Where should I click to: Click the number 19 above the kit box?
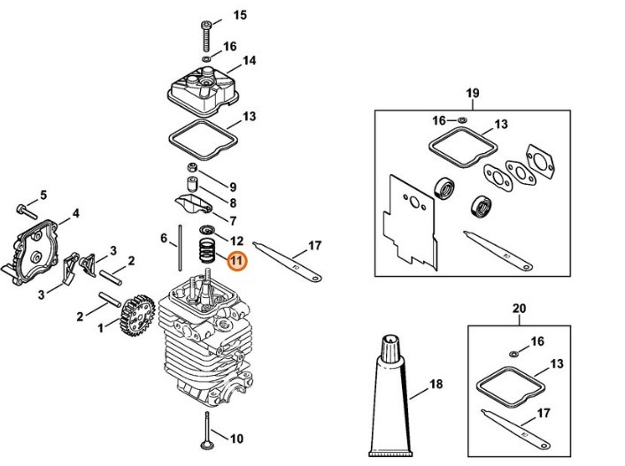tap(472, 93)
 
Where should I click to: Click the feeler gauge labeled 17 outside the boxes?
tap(288, 261)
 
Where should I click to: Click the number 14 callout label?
tap(250, 61)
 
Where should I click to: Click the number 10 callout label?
tap(235, 439)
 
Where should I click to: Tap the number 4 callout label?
tap(75, 213)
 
